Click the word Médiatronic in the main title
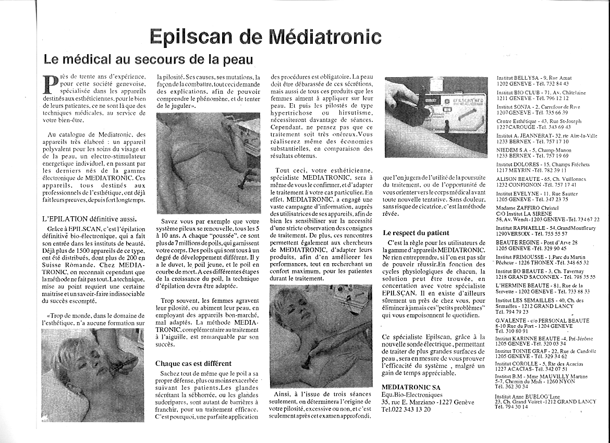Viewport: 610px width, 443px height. pos(324,37)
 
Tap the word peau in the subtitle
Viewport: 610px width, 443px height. pos(235,59)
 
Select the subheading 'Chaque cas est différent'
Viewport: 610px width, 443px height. pos(193,363)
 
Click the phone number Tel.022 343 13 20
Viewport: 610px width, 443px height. pos(406,409)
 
